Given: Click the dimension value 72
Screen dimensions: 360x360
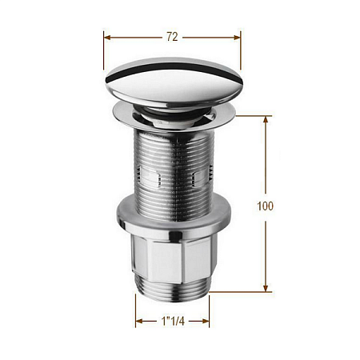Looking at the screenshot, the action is pos(172,37).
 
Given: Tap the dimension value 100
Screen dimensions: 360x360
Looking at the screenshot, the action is pos(265,206).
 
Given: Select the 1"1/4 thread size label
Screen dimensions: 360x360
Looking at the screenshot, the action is pos(173,321).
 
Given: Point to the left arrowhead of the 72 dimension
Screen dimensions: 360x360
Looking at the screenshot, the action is pos(107,38).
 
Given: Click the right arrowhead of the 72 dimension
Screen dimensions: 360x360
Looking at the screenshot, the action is pos(237,38).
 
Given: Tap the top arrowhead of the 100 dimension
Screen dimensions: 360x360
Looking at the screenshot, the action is pos(266,119).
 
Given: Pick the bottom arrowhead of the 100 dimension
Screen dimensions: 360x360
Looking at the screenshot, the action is pos(266,288).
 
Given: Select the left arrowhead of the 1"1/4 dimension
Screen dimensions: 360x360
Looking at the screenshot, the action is pos(139,321).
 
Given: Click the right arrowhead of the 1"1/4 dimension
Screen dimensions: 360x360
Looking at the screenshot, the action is pos(206,321).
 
